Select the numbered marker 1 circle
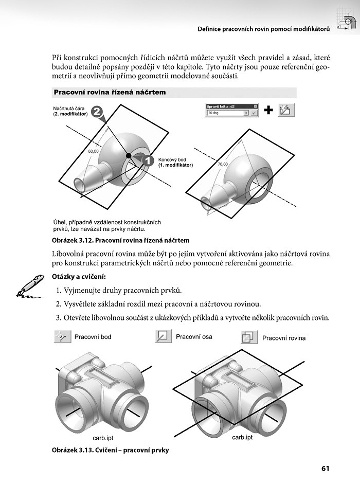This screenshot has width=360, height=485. [147, 160]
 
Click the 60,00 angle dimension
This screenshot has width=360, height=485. [93, 151]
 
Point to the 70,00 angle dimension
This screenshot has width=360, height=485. [223, 164]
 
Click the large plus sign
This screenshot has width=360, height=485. [268, 110]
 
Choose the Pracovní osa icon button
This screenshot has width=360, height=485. [163, 337]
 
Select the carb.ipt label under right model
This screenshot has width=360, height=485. [242, 437]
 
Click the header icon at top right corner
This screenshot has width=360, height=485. [347, 19]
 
